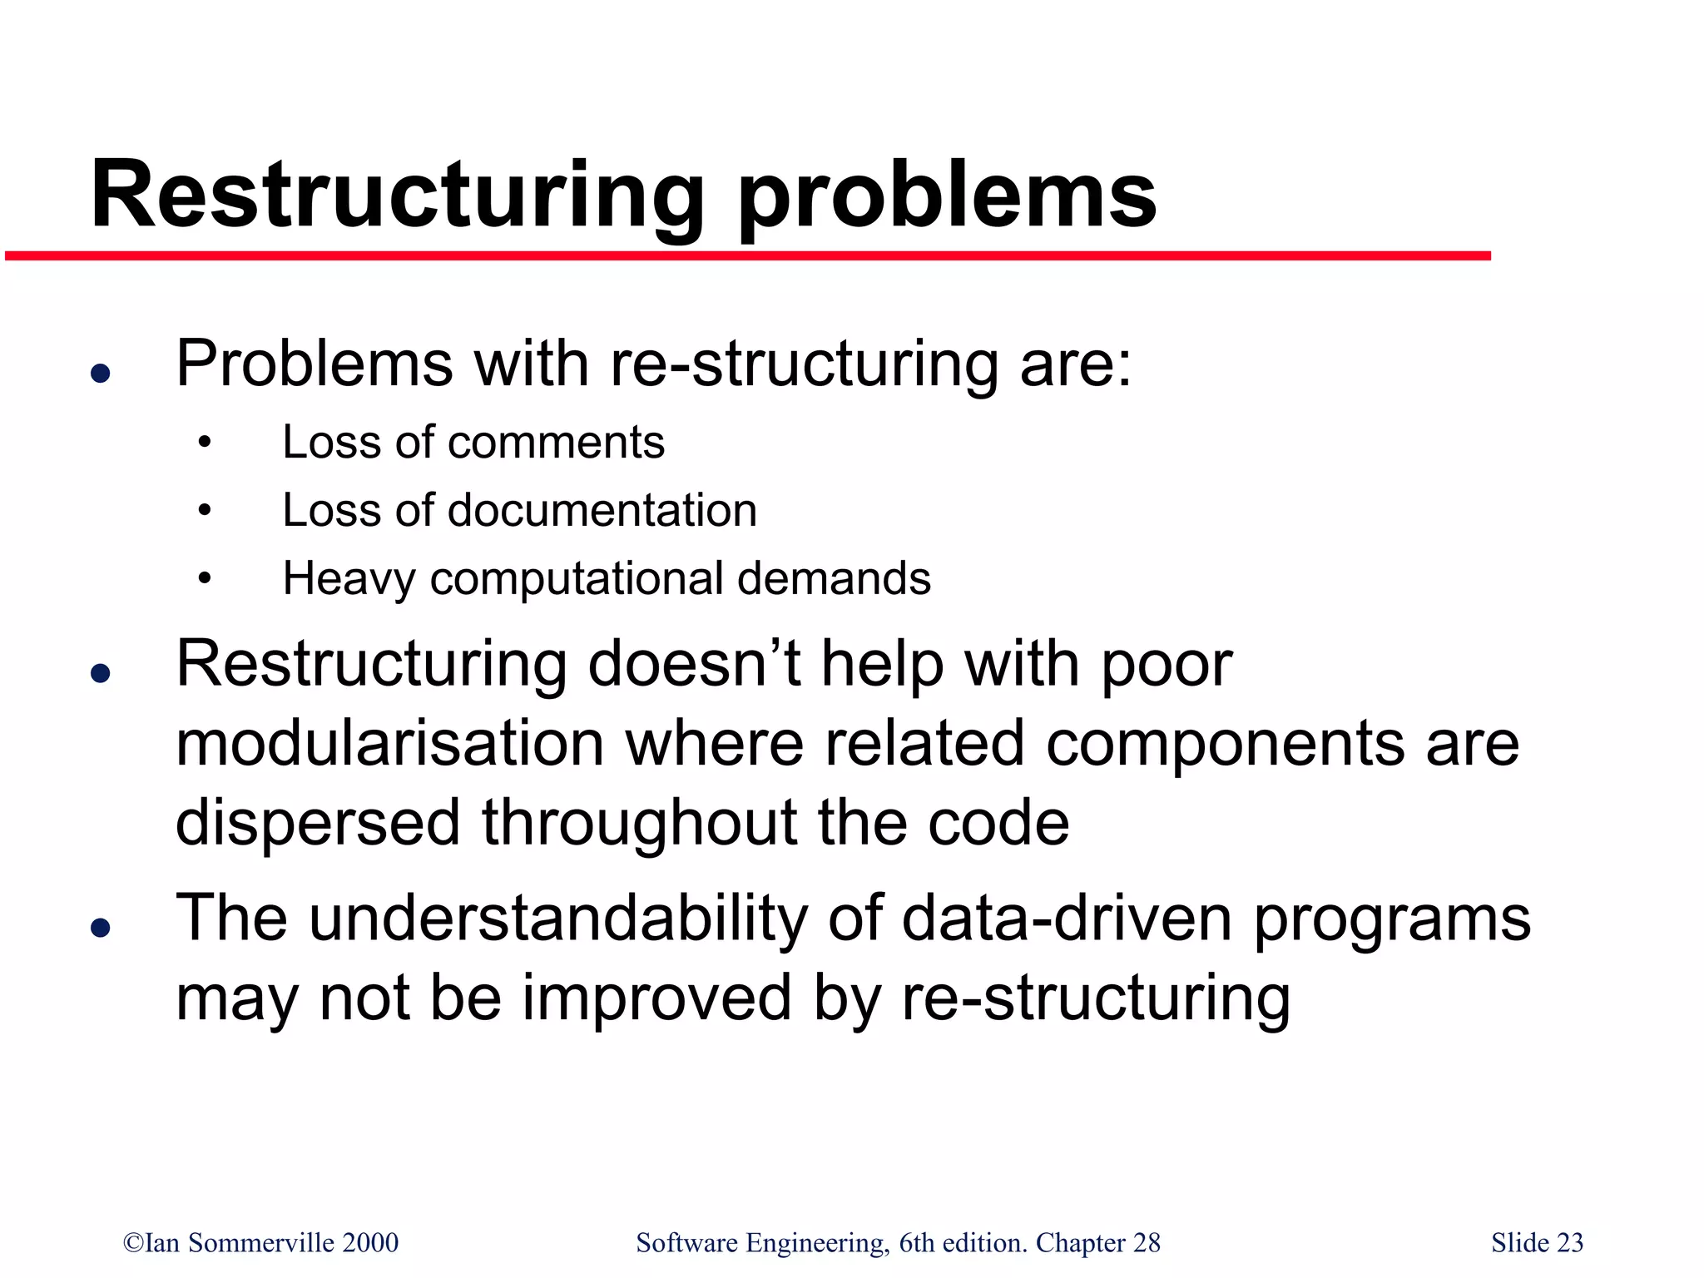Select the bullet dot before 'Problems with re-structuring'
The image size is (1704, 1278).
click(101, 373)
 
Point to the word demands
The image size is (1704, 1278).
click(834, 578)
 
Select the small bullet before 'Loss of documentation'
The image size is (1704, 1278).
click(205, 511)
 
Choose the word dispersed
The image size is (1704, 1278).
click(318, 823)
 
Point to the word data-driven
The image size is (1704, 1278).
click(1067, 919)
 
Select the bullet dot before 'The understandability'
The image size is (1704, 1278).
click(101, 927)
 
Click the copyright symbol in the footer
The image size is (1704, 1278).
click(133, 1243)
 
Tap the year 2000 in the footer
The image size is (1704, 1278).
click(369, 1243)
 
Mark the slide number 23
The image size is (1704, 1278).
click(1569, 1243)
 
